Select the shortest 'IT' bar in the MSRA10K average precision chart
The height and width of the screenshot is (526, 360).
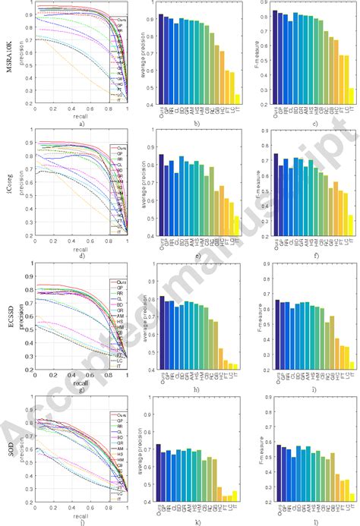(238, 99)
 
